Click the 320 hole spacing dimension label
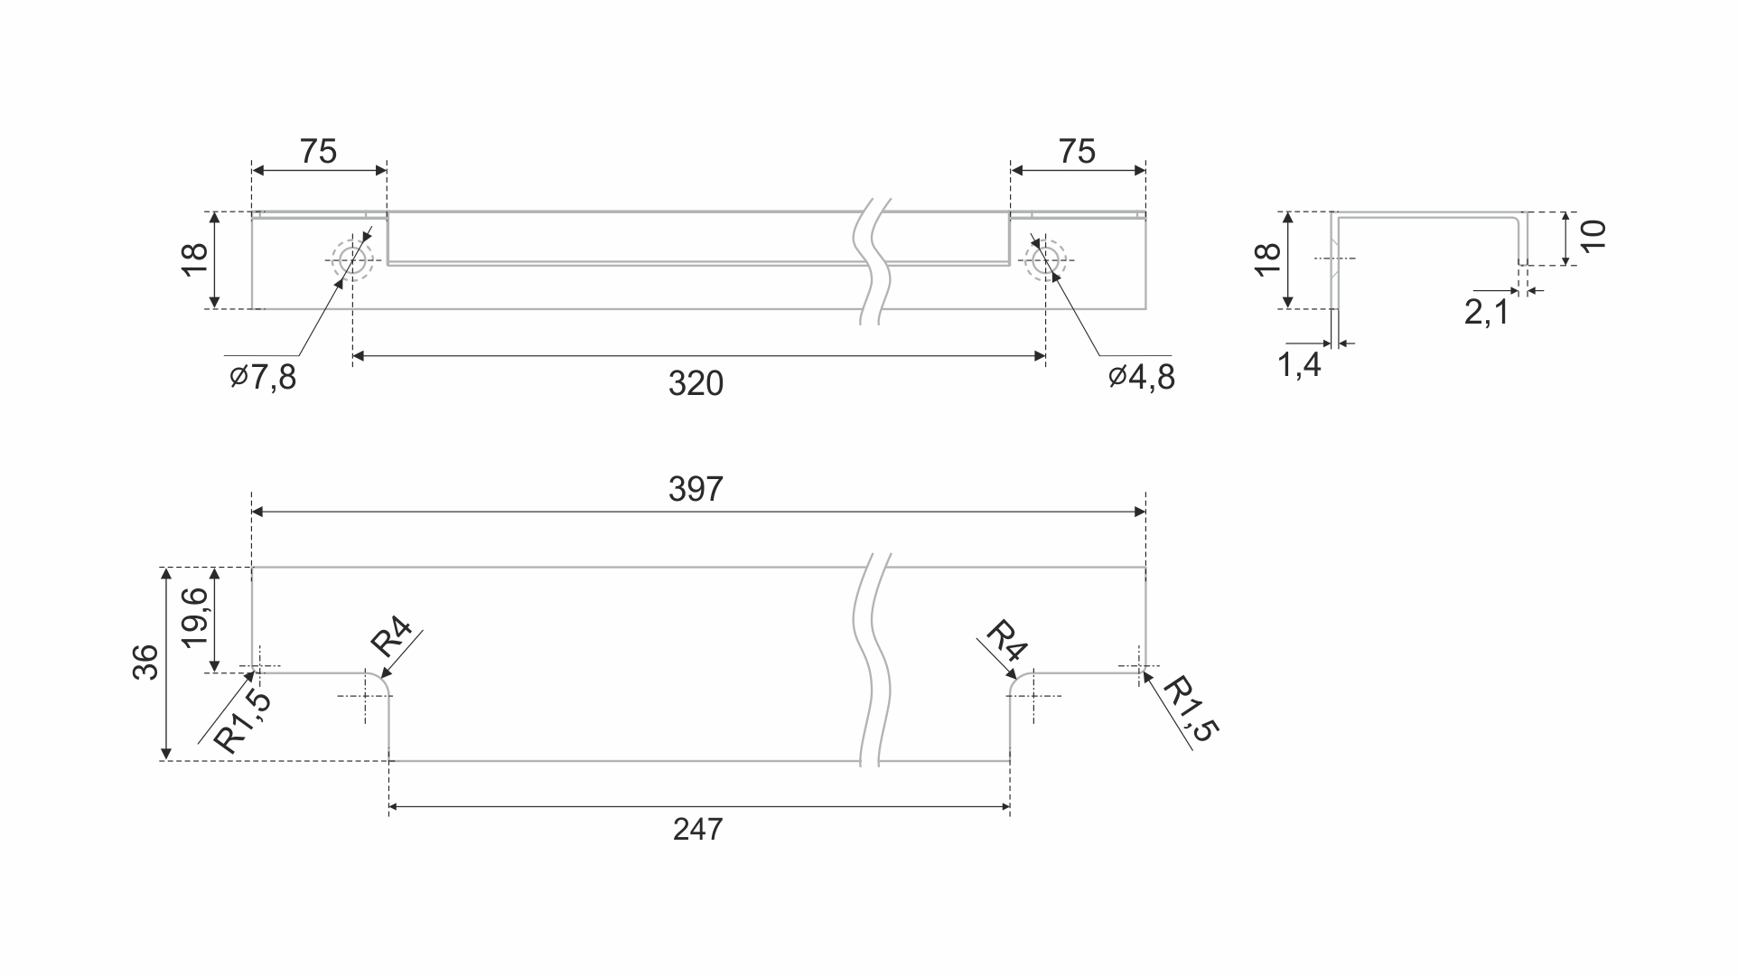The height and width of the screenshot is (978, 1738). click(x=696, y=384)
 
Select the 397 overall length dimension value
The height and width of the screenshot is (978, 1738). click(x=696, y=489)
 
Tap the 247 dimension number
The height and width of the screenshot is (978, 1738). click(x=697, y=829)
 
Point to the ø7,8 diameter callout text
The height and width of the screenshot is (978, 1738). click(x=263, y=377)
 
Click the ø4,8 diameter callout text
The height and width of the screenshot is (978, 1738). click(x=1142, y=377)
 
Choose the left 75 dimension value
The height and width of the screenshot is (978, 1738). click(x=318, y=152)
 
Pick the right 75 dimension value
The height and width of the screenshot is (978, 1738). click(x=1077, y=152)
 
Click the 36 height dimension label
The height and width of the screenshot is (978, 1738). click(x=145, y=663)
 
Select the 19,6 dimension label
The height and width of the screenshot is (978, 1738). click(x=195, y=617)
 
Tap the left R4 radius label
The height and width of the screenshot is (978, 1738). click(x=392, y=638)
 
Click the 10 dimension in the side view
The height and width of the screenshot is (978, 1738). click(x=1593, y=236)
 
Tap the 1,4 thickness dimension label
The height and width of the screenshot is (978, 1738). click(x=1299, y=365)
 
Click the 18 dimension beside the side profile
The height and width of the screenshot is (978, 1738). click(x=1268, y=260)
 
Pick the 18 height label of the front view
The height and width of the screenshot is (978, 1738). click(x=195, y=260)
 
